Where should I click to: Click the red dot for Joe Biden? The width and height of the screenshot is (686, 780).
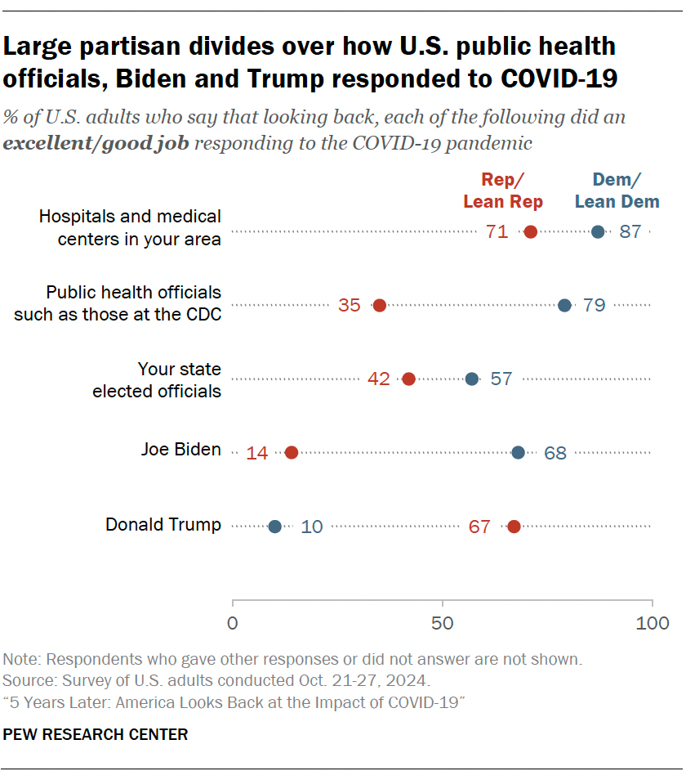pyautogui.click(x=292, y=452)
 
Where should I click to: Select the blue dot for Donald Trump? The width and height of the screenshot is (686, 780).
pyautogui.click(x=274, y=527)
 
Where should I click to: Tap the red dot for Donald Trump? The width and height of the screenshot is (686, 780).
pyautogui.click(x=514, y=527)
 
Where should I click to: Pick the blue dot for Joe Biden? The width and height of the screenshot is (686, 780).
pyautogui.click(x=518, y=452)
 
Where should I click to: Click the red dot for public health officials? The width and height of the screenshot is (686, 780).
pyautogui.click(x=379, y=306)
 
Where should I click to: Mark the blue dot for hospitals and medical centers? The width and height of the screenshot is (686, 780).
pyautogui.click(x=598, y=232)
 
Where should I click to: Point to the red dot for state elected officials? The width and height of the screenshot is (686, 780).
pyautogui.click(x=408, y=379)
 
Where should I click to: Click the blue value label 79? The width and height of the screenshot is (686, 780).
pyautogui.click(x=594, y=306)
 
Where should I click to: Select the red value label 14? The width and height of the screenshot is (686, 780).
pyautogui.click(x=257, y=453)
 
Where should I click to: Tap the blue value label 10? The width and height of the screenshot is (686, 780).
pyautogui.click(x=312, y=527)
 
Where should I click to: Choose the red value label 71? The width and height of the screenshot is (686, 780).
pyautogui.click(x=497, y=232)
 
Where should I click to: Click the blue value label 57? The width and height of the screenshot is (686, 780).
pyautogui.click(x=501, y=379)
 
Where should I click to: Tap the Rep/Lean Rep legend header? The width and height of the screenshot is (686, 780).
pyautogui.click(x=503, y=191)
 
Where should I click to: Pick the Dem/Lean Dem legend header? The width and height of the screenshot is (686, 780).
pyautogui.click(x=617, y=191)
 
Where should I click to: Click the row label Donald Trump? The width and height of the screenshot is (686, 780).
pyautogui.click(x=163, y=525)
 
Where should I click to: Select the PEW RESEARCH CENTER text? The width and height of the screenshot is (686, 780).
pyautogui.click(x=96, y=734)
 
